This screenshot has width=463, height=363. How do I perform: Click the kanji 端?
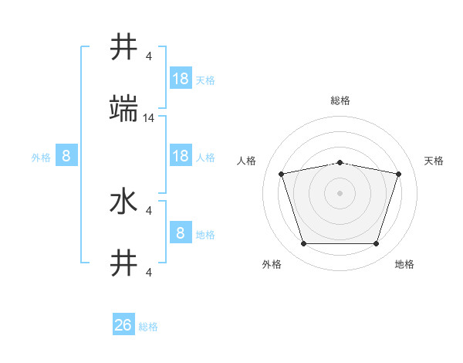(x=124, y=111)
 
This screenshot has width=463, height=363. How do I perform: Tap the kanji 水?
(x=124, y=202)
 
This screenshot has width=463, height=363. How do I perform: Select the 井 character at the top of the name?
(x=124, y=48)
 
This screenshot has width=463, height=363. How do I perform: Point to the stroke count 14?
(x=149, y=118)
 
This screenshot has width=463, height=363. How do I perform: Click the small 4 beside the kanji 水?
(x=149, y=210)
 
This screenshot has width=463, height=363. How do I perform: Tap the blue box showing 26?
(x=123, y=325)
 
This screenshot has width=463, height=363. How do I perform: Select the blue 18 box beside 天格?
(x=181, y=79)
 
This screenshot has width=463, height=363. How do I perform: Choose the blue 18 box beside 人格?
(x=181, y=156)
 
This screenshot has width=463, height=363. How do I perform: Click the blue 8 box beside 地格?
(x=181, y=232)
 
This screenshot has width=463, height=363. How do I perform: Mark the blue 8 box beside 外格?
(x=66, y=156)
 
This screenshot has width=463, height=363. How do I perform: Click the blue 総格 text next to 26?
(x=148, y=327)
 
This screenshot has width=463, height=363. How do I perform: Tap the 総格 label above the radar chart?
(x=340, y=100)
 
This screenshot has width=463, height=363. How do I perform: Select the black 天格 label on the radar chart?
(x=434, y=161)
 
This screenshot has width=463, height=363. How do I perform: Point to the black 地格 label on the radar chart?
(x=404, y=264)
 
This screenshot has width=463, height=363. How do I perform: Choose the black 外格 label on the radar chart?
(x=272, y=264)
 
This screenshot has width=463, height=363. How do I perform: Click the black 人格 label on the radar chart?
(x=248, y=161)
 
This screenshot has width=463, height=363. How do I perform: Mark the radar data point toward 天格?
(x=398, y=174)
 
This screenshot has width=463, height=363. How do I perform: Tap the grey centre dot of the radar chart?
(x=340, y=193)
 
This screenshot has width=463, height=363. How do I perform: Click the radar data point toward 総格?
(x=340, y=162)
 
